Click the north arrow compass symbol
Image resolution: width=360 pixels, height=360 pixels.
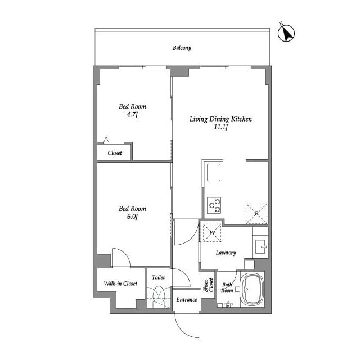(286, 34)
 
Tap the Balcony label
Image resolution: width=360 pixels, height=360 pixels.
(182, 48)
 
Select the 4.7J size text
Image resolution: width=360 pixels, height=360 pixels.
(132, 114)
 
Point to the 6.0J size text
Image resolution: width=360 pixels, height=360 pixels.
(132, 217)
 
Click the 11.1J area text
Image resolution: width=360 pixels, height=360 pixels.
(220, 127)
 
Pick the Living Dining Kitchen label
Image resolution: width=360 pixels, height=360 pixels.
(220, 119)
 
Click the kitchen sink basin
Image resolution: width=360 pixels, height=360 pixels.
(214, 172)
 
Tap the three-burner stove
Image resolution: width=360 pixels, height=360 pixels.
(214, 205)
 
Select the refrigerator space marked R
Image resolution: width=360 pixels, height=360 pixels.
(256, 214)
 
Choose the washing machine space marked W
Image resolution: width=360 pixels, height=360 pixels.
(212, 232)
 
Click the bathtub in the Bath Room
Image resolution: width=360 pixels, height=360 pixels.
(253, 289)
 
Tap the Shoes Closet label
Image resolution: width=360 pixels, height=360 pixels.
(209, 285)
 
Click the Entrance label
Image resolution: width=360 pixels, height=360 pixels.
(187, 299)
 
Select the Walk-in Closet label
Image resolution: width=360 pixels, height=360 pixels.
(120, 283)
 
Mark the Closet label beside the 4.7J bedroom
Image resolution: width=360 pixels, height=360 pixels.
(115, 153)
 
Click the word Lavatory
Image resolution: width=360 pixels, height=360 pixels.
(226, 253)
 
